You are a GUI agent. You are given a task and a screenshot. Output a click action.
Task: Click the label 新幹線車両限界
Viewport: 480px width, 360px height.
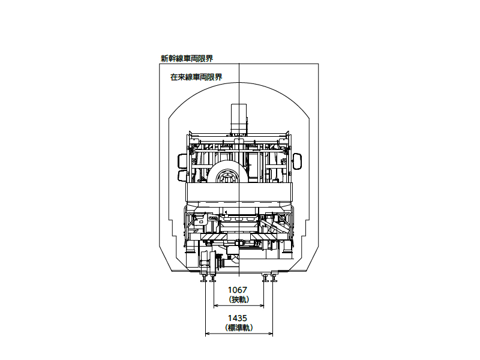187,58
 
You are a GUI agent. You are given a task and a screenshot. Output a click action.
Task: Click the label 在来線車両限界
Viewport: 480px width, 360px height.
196,77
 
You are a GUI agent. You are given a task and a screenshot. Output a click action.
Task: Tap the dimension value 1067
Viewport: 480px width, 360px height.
237,290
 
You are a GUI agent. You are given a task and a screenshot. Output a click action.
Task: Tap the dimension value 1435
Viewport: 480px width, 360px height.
237,319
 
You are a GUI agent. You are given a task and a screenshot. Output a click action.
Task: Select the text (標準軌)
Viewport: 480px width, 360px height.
239,328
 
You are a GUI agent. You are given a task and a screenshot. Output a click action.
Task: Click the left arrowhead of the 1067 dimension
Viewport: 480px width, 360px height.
216,305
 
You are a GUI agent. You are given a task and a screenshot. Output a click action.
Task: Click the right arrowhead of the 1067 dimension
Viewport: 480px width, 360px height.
261,305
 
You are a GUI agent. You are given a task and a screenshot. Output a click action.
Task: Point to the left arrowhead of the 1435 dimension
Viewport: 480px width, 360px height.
208,334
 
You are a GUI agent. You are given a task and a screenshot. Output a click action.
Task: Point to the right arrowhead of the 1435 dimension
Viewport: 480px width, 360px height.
270,334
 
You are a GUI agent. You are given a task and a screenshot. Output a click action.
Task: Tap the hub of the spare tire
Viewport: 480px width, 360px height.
227,178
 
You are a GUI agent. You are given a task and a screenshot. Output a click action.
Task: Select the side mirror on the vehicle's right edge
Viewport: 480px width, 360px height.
298,161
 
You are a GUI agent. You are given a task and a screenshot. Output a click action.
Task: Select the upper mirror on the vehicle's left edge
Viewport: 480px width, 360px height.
182,161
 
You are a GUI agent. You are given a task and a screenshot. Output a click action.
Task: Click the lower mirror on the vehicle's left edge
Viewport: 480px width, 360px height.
182,176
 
